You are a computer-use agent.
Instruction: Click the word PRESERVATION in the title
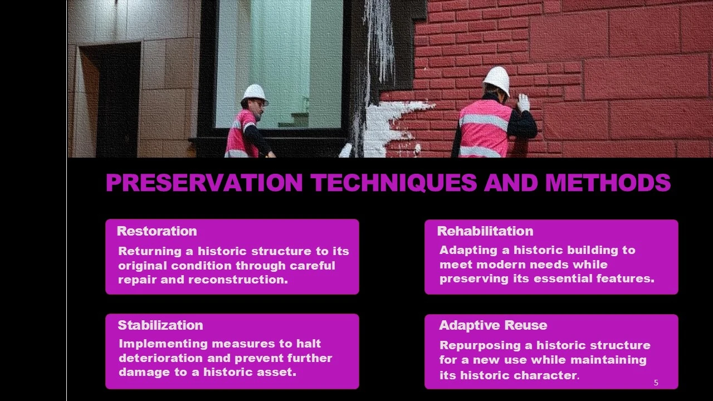pos(204,183)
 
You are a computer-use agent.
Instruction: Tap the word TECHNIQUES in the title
pos(394,183)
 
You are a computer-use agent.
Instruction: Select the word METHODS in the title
pos(608,183)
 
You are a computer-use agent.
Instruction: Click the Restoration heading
pos(157,231)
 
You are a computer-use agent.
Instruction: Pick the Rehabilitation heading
pos(485,231)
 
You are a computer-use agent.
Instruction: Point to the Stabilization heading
pos(160,325)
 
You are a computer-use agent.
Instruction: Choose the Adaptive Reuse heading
pos(493,325)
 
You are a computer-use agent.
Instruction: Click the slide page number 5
pos(656,383)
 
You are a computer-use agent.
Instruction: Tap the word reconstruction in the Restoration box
pos(238,280)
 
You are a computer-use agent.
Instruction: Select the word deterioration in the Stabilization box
pos(161,358)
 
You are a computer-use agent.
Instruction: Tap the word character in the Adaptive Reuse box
pos(545,375)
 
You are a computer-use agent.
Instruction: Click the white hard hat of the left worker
pos(255,93)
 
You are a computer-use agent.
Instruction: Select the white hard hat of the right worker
pos(497,79)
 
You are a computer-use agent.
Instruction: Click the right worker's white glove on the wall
pos(523,102)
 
